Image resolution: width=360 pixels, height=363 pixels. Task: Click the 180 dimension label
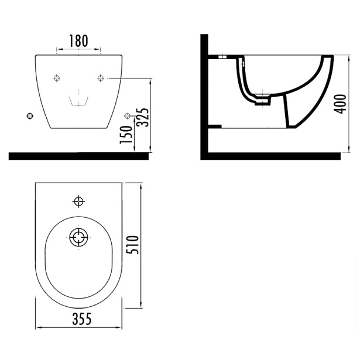pos(78,41)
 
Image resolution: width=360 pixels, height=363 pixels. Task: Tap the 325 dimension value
pos(142,117)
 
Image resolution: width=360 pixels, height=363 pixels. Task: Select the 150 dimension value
pos(126,135)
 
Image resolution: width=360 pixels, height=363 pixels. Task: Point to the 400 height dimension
pos(340,104)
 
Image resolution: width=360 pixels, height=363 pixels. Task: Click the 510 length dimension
pos(133,245)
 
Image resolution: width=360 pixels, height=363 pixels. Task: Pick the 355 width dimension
pos(82,319)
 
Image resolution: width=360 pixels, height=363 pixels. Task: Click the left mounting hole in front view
pos(57,78)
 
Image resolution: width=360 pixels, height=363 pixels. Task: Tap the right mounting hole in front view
pos(100,78)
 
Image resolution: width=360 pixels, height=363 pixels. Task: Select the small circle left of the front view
pos(30,116)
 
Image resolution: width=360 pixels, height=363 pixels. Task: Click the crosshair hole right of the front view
pos(127,115)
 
